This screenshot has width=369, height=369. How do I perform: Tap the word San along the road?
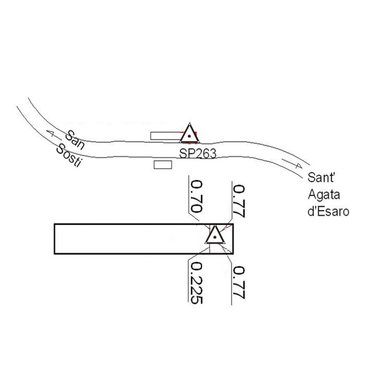(76, 140)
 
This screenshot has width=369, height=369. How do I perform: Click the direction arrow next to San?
(53, 135)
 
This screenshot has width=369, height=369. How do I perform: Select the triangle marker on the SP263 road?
(189, 134)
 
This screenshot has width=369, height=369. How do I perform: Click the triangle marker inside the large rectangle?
(215, 234)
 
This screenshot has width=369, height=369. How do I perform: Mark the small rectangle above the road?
(164, 135)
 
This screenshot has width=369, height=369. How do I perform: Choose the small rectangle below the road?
(163, 164)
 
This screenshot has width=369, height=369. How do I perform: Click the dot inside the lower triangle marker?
(215, 237)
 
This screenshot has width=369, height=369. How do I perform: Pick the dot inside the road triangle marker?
(189, 136)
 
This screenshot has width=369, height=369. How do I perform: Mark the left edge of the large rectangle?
(54, 238)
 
